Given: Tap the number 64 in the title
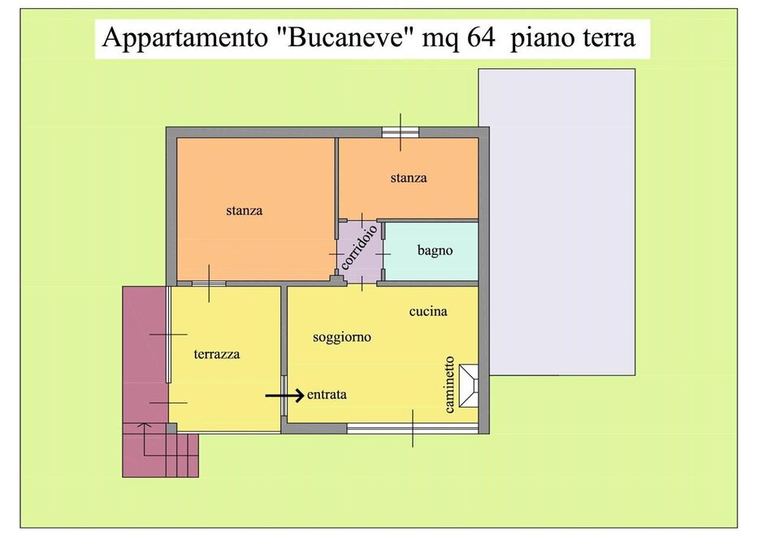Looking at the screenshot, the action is [482, 37].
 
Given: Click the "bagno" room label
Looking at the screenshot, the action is [435, 251].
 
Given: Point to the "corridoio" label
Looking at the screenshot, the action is [359, 247].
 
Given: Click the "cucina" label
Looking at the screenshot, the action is [428, 311].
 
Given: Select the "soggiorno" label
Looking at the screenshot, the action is [342, 337].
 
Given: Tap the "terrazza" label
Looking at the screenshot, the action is [217, 354].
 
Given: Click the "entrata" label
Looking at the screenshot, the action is [327, 395].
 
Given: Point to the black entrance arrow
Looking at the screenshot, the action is [284, 396].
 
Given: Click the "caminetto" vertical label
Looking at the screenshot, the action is [449, 385].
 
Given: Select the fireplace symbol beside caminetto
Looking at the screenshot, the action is [468, 386].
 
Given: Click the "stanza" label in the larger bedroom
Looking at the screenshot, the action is [244, 210].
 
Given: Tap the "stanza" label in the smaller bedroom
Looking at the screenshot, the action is [409, 178].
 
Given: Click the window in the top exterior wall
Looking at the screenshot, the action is [401, 132].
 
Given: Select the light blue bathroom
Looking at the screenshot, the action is [431, 251].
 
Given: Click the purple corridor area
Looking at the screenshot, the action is [360, 252].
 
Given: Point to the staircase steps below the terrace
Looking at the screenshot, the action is [161, 449].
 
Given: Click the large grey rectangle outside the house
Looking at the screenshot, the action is [557, 222].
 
